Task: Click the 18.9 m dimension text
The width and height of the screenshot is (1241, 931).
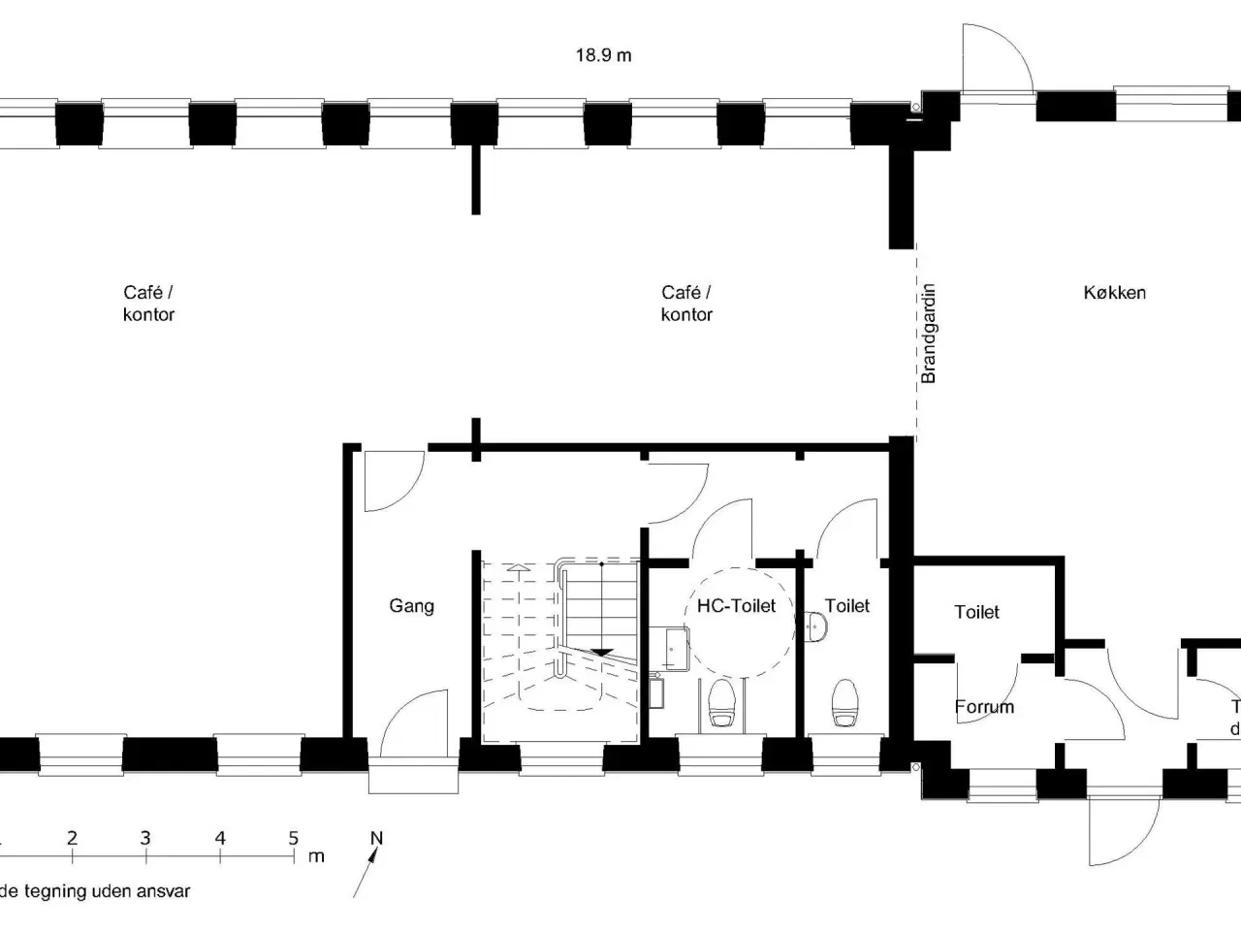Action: (603, 55)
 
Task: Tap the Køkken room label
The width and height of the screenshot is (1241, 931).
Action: (1114, 292)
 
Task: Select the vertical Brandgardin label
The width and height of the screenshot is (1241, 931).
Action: (929, 333)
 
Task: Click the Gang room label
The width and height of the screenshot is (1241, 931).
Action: (411, 606)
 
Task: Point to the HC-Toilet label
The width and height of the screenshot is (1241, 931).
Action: (736, 606)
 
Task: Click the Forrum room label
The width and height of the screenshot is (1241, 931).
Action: (984, 707)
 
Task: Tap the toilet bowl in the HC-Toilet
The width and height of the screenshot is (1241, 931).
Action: (721, 702)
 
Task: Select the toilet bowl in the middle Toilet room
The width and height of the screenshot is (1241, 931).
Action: (845, 701)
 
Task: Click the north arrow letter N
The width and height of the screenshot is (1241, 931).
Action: (377, 839)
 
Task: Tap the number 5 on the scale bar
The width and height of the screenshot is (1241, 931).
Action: (293, 839)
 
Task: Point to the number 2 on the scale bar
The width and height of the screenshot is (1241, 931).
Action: (72, 839)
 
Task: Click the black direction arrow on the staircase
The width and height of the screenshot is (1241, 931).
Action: (603, 652)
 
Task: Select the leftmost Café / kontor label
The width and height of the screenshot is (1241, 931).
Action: (148, 303)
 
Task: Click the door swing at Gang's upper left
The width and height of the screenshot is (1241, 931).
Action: (392, 481)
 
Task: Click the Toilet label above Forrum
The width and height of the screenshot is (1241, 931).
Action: (976, 612)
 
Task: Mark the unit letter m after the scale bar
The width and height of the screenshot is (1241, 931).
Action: (316, 856)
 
